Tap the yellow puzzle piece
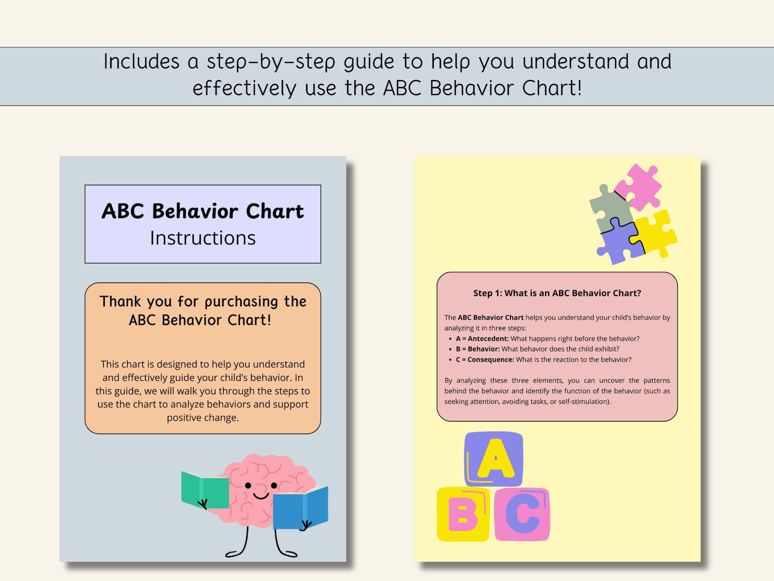656,232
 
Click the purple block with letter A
494,459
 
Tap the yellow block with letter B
463,514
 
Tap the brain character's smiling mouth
261,496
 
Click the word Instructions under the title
203,238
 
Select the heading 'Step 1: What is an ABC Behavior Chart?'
557,293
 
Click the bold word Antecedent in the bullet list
488,339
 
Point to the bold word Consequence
490,360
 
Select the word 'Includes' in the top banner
141,62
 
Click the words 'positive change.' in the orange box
203,418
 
